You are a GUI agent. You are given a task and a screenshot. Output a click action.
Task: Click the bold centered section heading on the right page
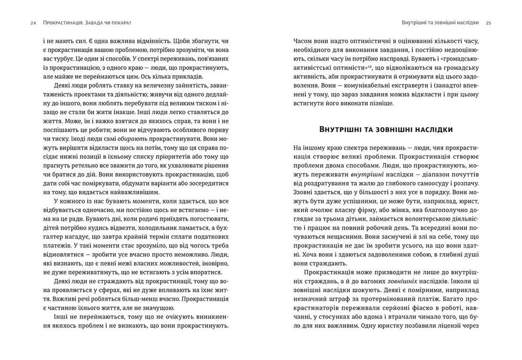click(386, 129)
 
